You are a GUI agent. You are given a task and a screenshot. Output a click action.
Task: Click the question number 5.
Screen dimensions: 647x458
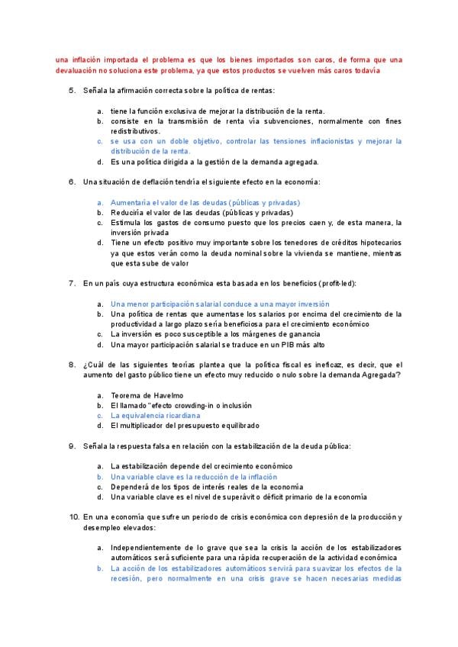72,91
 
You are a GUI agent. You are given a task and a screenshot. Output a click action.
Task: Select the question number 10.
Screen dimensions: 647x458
73,517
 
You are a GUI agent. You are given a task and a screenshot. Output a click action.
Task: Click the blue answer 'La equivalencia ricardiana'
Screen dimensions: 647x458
155,415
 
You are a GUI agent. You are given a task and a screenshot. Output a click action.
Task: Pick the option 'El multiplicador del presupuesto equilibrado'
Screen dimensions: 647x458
185,425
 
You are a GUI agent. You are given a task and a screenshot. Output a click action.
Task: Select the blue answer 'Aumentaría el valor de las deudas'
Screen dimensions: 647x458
205,202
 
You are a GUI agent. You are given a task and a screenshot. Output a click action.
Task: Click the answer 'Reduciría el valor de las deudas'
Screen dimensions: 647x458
204,212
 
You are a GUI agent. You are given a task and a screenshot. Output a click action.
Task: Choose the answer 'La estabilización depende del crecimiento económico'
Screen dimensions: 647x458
201,465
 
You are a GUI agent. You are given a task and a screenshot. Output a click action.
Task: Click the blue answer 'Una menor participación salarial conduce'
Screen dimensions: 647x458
209,304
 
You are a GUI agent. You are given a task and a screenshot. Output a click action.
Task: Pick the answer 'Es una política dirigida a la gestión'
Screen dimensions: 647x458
214,161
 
